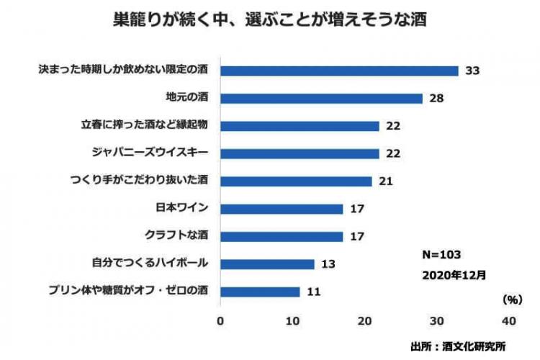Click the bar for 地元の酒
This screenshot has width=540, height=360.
click(321, 98)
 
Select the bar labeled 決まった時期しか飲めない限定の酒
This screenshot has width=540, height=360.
click(339, 71)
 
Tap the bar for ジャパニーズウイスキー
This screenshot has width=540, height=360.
click(300, 153)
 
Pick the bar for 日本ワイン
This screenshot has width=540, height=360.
click(282, 209)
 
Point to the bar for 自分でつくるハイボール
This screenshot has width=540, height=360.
click(267, 264)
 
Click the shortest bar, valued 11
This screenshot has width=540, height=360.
click(260, 292)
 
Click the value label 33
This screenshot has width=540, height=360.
click(472, 71)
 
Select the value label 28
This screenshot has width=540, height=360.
click(436, 98)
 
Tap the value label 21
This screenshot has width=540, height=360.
click(385, 181)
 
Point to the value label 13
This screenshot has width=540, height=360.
click(328, 264)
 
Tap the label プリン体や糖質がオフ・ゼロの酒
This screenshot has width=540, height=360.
click(128, 292)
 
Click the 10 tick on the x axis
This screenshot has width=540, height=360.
click(292, 320)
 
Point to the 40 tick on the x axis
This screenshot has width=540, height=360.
click(509, 320)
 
